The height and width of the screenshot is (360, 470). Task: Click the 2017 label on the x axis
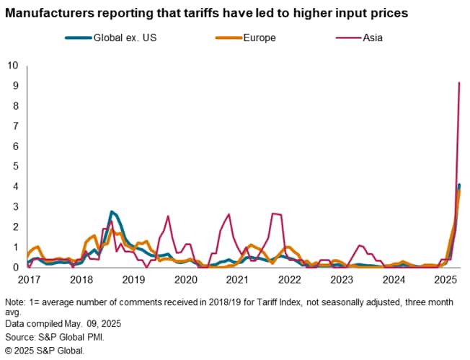29,279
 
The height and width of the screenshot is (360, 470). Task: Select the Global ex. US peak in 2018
112,211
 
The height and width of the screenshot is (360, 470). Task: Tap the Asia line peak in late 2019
168,216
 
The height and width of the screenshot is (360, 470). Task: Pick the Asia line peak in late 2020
229,214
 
